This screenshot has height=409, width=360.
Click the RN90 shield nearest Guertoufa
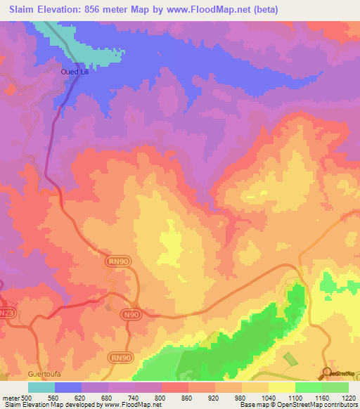point(119,357)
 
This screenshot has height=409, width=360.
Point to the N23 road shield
point(7,313)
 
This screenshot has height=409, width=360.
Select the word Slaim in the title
point(25,10)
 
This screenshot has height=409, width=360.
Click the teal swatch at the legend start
point(41,387)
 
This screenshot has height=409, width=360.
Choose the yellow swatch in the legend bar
point(282,387)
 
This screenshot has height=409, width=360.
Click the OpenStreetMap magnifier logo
point(328,372)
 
